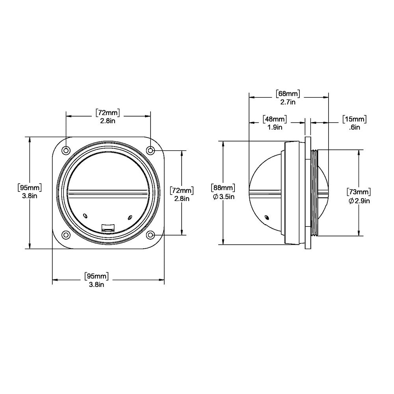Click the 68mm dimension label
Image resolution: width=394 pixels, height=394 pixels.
pyautogui.click(x=288, y=94)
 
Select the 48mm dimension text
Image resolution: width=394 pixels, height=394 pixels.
pyautogui.click(x=275, y=119)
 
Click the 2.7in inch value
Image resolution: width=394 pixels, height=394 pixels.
pyautogui.click(x=288, y=102)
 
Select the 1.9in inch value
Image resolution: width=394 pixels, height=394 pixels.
pyautogui.click(x=275, y=127)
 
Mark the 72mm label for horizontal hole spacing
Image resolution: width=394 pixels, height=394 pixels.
pyautogui.click(x=108, y=113)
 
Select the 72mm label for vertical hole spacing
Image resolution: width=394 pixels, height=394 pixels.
pyautogui.click(x=182, y=190)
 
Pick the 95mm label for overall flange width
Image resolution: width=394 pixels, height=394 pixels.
pyautogui.click(x=97, y=276)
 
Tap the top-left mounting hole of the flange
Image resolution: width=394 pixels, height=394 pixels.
pyautogui.click(x=66, y=150)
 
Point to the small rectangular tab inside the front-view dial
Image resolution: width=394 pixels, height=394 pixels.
pyautogui.click(x=108, y=227)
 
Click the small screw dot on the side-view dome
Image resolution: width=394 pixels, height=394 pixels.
pyautogui.click(x=268, y=217)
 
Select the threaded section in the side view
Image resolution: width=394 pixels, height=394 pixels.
pyautogui.click(x=314, y=192)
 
